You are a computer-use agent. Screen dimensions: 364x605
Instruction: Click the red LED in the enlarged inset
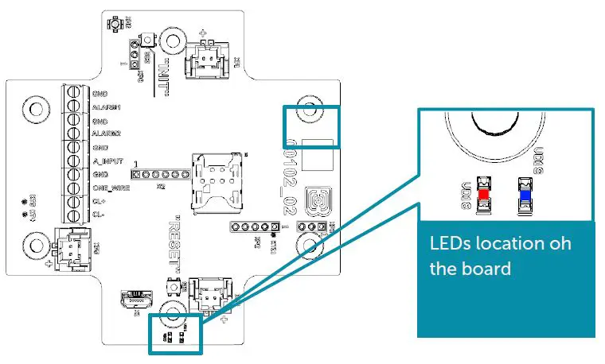pyautogui.click(x=483, y=193)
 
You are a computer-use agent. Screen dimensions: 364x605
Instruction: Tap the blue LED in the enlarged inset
pyautogui.click(x=525, y=192)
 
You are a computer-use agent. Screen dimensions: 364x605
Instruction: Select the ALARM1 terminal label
pyautogui.click(x=106, y=107)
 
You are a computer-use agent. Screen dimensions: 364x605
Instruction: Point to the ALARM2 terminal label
pyautogui.click(x=106, y=134)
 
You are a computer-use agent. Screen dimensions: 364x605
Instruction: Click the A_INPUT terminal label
pyautogui.click(x=107, y=161)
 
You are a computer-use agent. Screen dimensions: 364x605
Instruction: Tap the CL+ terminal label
pyautogui.click(x=99, y=202)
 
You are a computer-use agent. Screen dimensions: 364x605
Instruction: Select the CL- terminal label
pyautogui.click(x=99, y=215)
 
